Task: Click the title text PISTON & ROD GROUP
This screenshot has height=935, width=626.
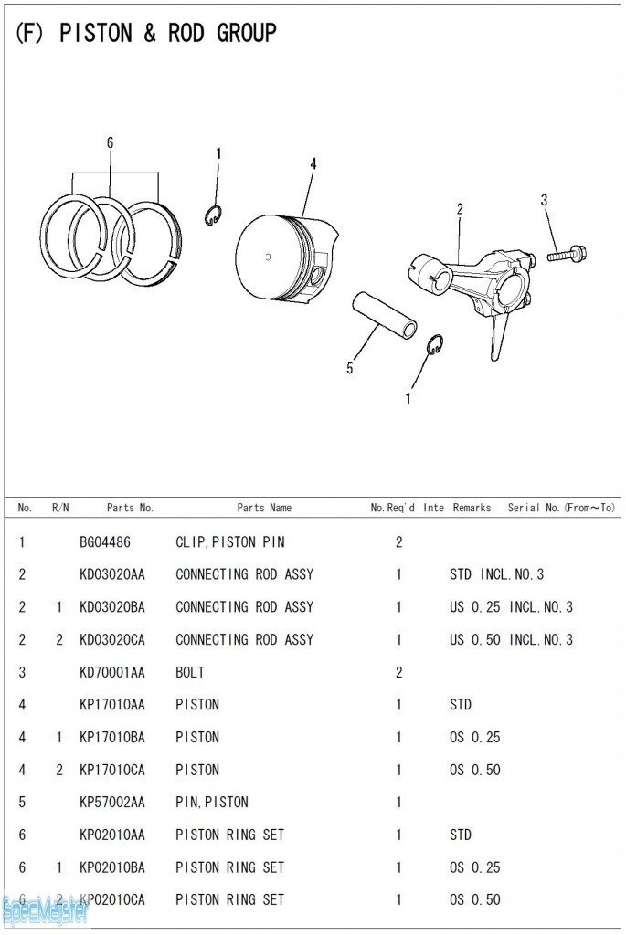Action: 146,34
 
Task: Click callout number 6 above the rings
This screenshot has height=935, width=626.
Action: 110,143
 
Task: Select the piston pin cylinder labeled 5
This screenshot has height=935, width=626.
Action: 385,315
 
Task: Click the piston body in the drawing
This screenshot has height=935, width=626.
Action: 279,256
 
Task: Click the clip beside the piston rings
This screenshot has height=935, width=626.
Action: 212,216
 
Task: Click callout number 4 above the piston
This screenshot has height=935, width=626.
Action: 313,163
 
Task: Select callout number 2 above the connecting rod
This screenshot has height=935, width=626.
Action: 460,209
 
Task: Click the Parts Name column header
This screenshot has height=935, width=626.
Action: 264,508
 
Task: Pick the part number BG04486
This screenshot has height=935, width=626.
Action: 105,542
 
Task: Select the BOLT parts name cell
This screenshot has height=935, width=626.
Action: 190,672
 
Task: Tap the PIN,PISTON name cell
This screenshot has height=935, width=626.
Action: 212,803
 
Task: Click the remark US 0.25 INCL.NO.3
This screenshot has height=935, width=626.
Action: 511,607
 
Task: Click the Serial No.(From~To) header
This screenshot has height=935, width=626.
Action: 561,508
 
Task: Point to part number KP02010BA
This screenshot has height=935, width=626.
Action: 112,867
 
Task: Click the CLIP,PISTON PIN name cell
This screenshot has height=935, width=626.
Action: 230,542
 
